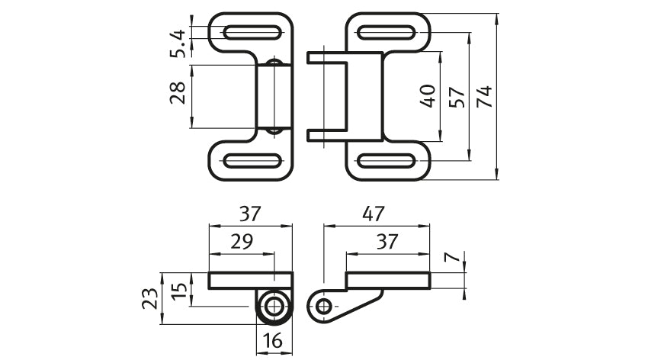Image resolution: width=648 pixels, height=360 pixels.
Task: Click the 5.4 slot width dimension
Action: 178,43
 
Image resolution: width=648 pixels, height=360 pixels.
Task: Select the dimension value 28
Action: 178,92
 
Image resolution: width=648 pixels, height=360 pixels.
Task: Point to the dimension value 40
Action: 428,96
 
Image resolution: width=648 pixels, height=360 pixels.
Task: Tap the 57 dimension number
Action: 457,97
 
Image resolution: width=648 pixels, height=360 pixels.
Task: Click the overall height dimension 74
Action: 485,96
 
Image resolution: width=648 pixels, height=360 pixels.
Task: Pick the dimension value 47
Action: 374,214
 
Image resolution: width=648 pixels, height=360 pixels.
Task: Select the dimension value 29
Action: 242,241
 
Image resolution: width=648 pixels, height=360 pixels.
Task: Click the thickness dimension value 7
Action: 452,257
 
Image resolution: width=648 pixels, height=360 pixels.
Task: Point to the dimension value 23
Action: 150,298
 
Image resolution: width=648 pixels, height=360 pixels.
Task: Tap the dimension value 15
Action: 179,292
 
